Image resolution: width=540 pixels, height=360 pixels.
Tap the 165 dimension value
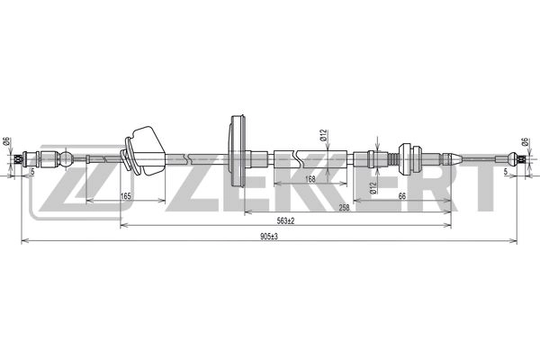coord(125,195)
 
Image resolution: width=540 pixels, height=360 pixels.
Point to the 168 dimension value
coord(310,179)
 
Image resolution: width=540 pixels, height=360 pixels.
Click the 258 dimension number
coord(343,207)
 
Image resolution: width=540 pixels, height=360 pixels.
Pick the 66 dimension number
coord(400,195)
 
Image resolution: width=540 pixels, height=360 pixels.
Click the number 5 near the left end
coord(32,171)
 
